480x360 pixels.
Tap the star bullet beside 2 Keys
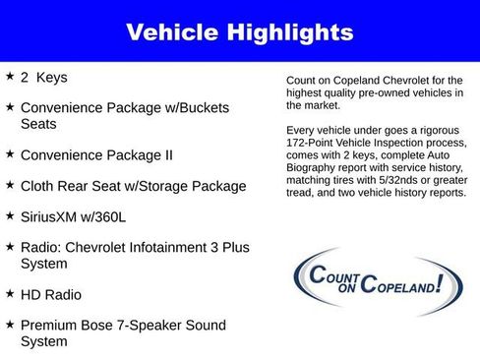tap(10, 76)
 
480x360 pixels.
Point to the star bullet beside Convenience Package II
tap(10, 154)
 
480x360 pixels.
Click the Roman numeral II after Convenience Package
tap(166, 155)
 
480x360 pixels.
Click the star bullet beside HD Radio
tap(10, 293)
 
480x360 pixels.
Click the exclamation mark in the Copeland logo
tap(438, 282)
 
